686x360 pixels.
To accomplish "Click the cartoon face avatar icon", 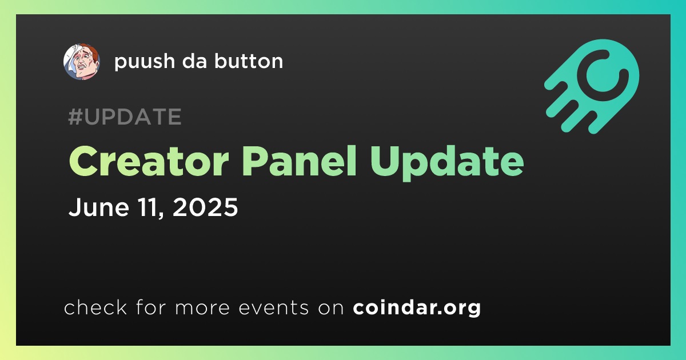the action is [82, 62].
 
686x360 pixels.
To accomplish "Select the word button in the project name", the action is [249, 61].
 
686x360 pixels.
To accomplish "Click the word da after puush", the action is [194, 61].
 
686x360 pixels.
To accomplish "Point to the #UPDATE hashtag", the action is [125, 117].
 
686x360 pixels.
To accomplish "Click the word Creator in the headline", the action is [149, 161].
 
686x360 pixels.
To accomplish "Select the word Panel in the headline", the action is [299, 161].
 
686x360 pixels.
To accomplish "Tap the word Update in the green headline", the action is [447, 163].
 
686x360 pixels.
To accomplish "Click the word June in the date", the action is [99, 207].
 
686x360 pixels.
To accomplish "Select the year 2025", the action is [205, 207].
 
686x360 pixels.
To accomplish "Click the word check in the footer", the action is [95, 307].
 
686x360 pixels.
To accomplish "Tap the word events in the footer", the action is [274, 307].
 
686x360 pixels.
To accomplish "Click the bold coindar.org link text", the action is [417, 308].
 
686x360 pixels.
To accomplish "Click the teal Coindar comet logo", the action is [592, 86].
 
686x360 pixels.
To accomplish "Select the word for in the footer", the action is [151, 307].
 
